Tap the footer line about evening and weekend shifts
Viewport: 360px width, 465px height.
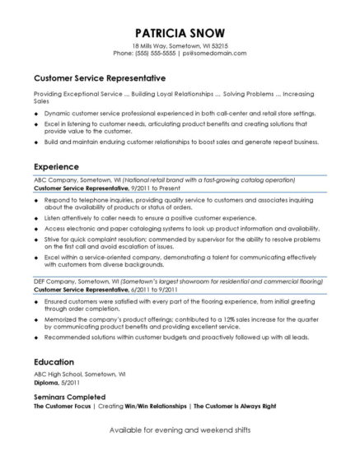(180, 431)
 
